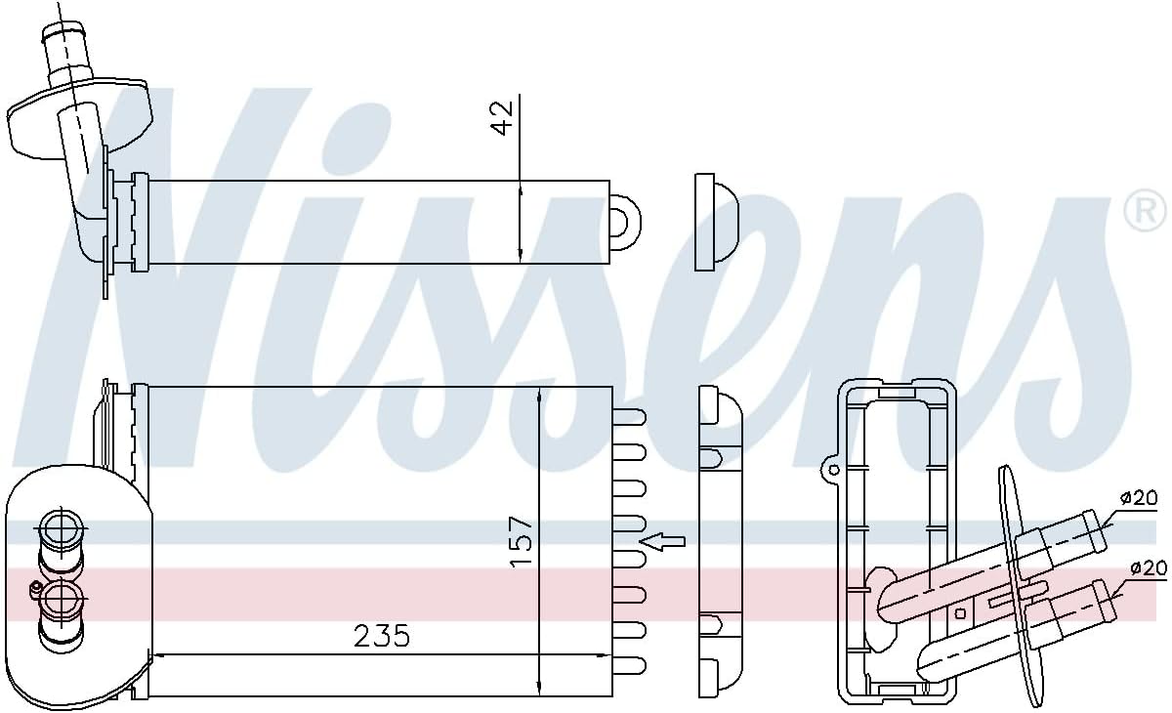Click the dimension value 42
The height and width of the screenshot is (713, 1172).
point(502,116)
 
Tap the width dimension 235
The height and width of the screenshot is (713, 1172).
point(381,636)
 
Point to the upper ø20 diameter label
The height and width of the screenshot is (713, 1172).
point(1138,499)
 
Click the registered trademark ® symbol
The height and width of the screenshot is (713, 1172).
point(1146,212)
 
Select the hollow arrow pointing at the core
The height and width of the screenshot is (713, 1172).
point(662,540)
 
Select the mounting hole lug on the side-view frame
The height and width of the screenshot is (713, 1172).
point(832,470)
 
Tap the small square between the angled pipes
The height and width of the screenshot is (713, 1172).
point(960,613)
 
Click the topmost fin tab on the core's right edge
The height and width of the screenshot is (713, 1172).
point(630,416)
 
